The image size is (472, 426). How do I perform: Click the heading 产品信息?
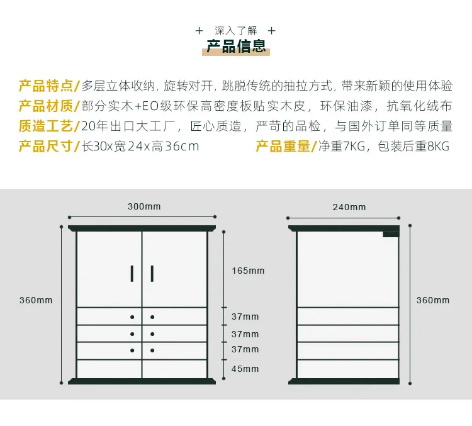click(236, 47)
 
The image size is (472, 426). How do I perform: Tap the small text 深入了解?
click(236, 30)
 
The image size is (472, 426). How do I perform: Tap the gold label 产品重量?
click(283, 147)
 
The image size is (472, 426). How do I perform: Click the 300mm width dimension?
click(144, 206)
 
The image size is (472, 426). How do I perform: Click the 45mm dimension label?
click(245, 369)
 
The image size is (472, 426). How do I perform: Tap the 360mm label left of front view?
click(36, 301)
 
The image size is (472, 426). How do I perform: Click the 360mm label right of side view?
click(433, 301)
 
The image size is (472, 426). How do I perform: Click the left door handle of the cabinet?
click(132, 273)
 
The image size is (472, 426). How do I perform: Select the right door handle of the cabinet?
click(152, 273)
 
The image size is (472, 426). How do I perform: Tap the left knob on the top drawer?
click(132, 317)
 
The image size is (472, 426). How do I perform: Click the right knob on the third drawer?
click(152, 350)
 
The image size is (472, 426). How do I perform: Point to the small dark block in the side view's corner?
click(391, 234)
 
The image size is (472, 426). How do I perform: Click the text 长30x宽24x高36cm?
click(141, 147)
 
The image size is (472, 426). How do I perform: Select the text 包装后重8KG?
click(413, 147)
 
